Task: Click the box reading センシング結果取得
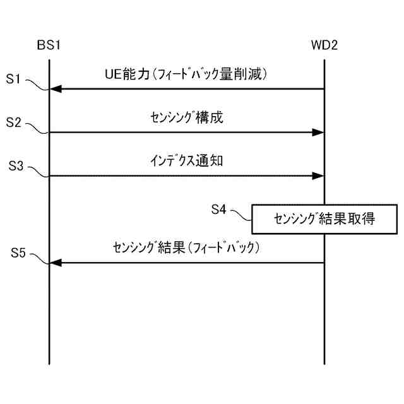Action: (325, 219)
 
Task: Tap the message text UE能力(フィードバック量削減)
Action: (187, 74)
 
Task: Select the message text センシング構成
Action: (187, 117)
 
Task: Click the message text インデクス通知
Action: (187, 161)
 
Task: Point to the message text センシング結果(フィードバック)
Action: (187, 247)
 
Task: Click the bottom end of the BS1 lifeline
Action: (49, 363)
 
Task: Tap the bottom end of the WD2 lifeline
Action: (324, 363)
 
